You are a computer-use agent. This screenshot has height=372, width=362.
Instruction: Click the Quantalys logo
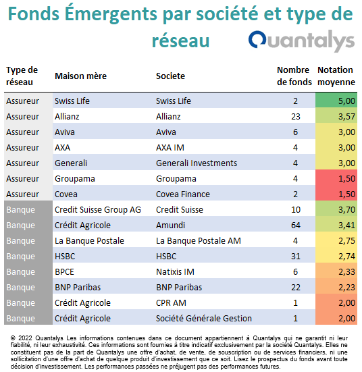pyautogui.click(x=301, y=41)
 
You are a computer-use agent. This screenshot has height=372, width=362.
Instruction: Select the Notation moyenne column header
pyautogui.click(x=336, y=76)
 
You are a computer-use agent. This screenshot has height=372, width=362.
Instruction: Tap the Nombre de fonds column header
pyautogui.click(x=294, y=76)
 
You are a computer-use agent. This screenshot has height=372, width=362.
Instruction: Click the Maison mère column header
pyautogui.click(x=81, y=76)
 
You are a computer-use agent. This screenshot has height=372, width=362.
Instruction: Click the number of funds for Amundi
pyautogui.click(x=296, y=225)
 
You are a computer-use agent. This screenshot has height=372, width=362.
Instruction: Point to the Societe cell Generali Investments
pyautogui.click(x=197, y=163)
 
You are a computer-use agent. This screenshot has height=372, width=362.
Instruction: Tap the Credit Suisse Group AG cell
pyautogui.click(x=98, y=210)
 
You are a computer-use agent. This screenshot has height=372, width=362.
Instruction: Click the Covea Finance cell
pyautogui.click(x=183, y=194)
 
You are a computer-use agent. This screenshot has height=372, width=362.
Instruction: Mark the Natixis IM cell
pyautogui.click(x=175, y=272)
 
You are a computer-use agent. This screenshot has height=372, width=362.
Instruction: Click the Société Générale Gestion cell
pyautogui.click(x=204, y=319)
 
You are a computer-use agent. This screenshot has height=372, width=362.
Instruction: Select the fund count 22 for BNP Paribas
pyautogui.click(x=296, y=288)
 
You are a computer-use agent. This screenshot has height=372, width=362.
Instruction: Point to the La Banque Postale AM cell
pyautogui.click(x=199, y=241)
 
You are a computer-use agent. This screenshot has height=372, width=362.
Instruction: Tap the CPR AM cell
pyautogui.click(x=171, y=303)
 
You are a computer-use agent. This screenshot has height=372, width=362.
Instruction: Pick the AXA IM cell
pyautogui.click(x=170, y=148)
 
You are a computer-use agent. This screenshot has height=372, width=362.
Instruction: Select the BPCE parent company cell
pyautogui.click(x=64, y=272)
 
